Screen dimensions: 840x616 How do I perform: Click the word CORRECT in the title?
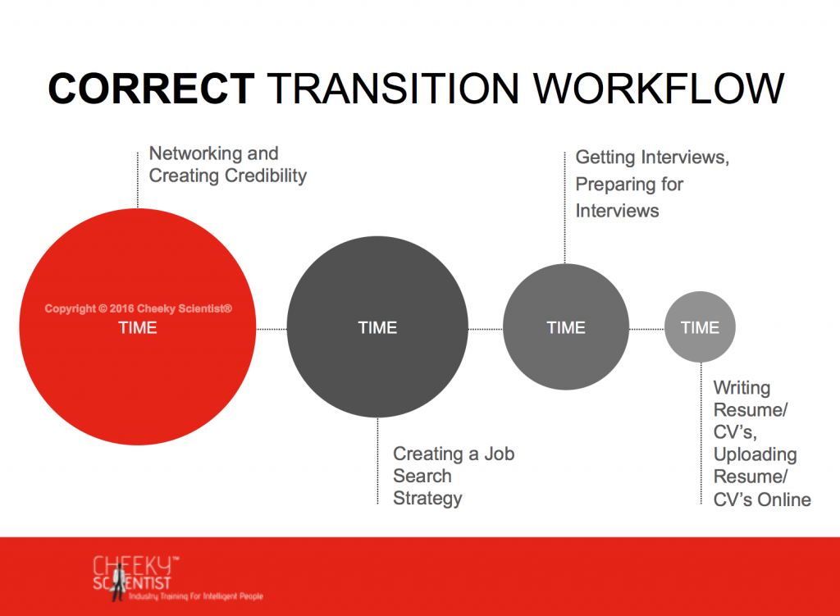151,89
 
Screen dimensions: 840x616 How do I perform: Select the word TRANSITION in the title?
393,89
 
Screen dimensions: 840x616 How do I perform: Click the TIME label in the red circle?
138,327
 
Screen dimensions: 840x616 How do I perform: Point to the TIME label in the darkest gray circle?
377,327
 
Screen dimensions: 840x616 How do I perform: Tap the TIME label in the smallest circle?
700,327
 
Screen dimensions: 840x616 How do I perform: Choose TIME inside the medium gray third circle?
566,327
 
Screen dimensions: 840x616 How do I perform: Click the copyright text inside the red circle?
138,308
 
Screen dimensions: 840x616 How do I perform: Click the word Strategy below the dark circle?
427,498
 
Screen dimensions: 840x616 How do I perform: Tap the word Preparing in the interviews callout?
615,185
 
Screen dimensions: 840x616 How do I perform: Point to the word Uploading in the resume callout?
755,454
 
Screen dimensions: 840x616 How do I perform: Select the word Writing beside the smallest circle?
742,388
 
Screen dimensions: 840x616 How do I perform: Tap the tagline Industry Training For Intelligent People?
195,596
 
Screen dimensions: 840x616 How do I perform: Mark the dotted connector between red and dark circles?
272,329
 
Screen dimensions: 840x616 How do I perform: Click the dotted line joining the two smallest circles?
646,329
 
